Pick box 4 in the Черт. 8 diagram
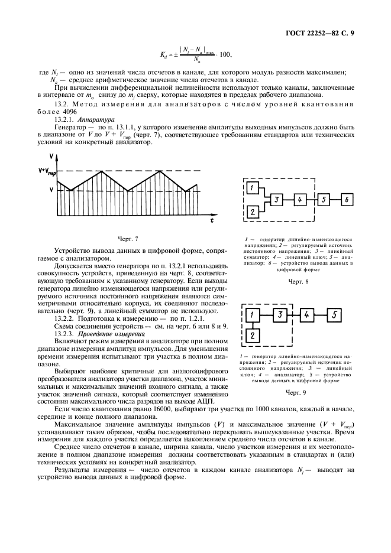pos(300,200)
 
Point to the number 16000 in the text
pos(147,408)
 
